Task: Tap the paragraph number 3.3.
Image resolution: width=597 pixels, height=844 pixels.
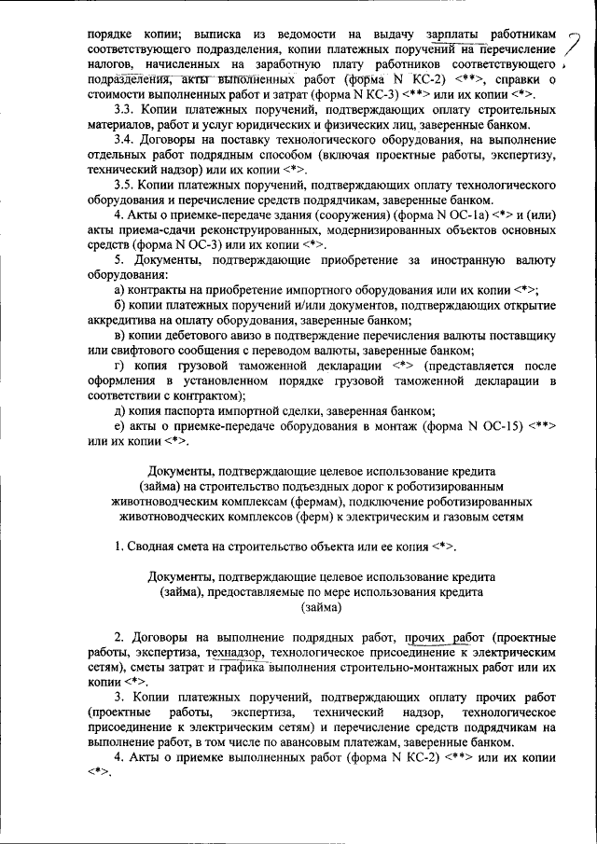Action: click(x=123, y=110)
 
